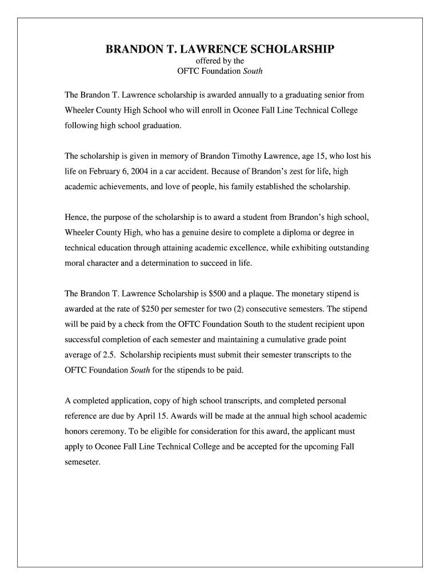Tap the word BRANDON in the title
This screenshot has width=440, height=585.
pos(129,50)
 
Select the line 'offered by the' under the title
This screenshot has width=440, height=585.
pos(220,61)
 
